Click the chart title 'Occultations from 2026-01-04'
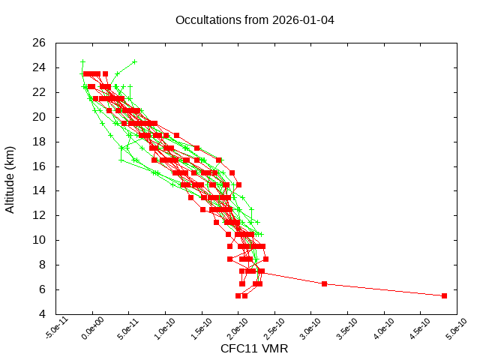click(x=254, y=19)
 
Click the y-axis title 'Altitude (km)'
click(x=10, y=178)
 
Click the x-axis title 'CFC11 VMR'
click(x=254, y=349)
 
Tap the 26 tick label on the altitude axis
click(x=40, y=43)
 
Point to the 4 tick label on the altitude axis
click(x=43, y=314)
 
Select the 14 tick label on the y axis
click(x=40, y=190)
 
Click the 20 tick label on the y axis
click(x=40, y=117)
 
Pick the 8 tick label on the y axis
click(x=43, y=265)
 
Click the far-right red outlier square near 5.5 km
click(x=444, y=295)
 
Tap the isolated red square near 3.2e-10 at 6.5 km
click(x=324, y=283)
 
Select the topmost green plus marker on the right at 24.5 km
click(x=134, y=61)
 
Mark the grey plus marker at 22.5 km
click(x=130, y=86)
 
